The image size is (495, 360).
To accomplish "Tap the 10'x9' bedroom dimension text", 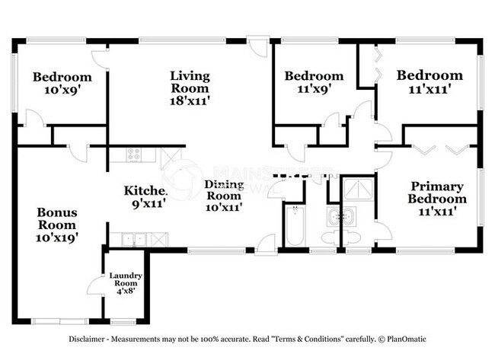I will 62,90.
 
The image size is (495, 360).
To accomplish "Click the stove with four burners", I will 133,155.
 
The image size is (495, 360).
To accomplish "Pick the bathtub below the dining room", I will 294,225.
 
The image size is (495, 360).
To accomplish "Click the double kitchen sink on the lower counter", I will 129,239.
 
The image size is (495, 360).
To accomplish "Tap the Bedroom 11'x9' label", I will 313,81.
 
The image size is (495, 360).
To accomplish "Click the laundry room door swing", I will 95,287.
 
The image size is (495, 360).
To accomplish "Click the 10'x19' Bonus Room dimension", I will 57,237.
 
